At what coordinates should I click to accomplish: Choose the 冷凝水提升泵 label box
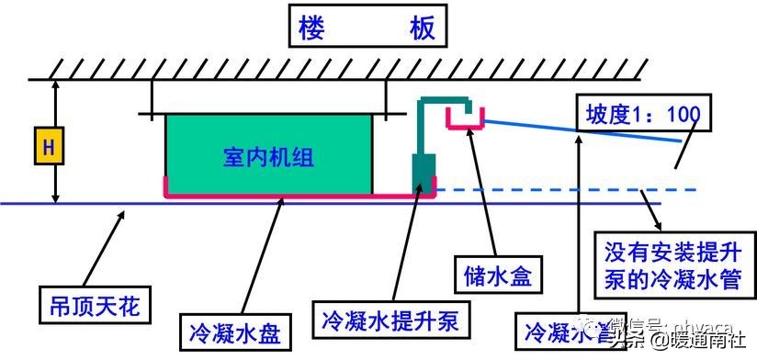click(391, 321)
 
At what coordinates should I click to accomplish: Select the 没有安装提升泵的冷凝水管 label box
click(673, 264)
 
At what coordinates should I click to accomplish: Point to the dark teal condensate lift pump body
click(424, 174)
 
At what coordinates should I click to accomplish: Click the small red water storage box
click(466, 118)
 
